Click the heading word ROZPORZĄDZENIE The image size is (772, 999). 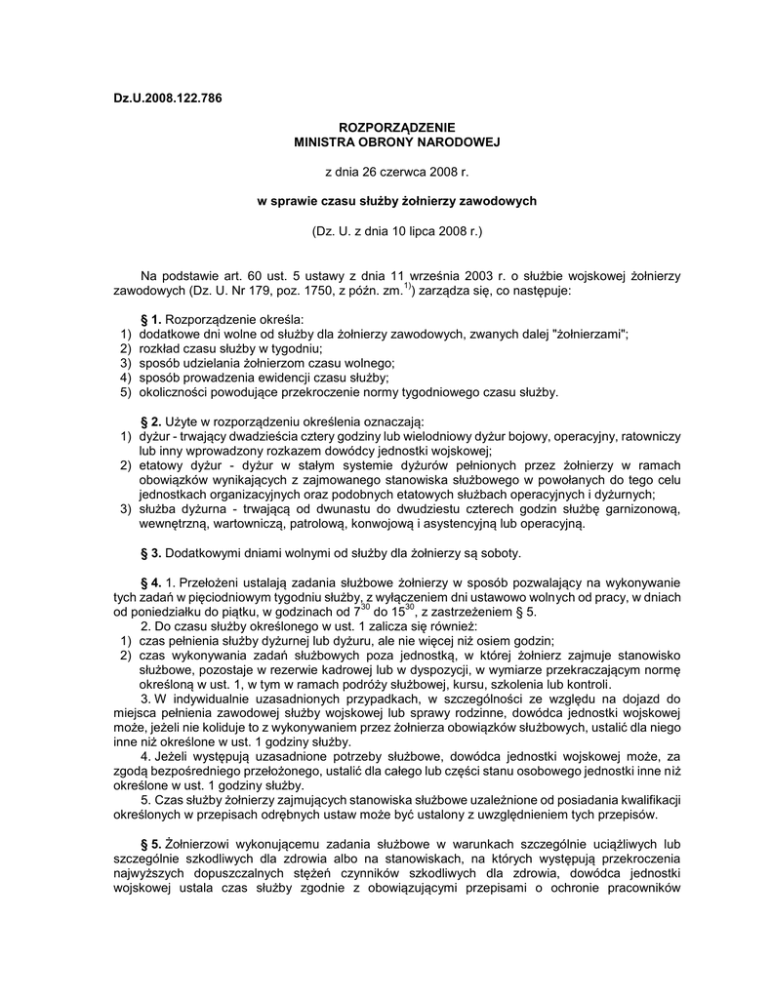coord(396,128)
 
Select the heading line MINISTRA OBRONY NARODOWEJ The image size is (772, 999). coord(396,141)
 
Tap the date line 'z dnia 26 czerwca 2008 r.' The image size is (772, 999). coord(396,172)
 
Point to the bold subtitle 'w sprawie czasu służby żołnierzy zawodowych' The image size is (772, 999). coord(396,201)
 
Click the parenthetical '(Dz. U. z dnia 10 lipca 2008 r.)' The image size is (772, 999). coord(396,231)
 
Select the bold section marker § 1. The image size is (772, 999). coord(151,320)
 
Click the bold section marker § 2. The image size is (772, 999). coord(151,421)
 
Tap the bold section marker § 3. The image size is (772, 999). coord(151,552)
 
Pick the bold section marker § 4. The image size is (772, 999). coord(151,582)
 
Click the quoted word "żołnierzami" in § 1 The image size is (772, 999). coord(591,335)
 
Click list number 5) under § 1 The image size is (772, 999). coord(125,392)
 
